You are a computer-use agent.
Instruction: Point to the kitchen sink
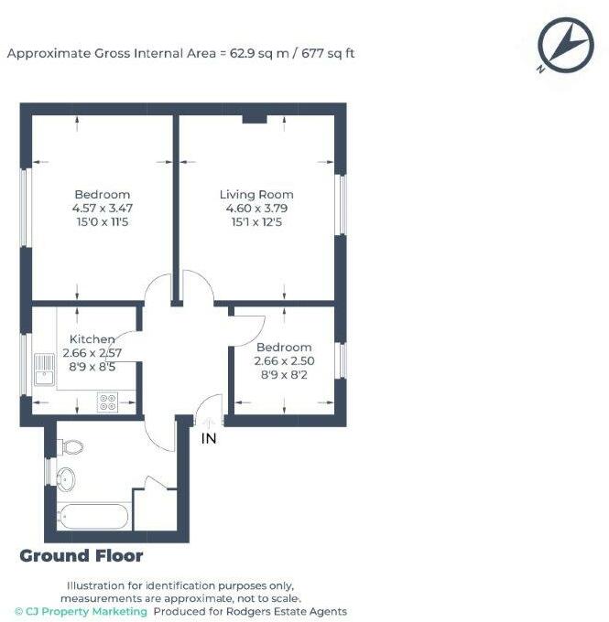[44, 371]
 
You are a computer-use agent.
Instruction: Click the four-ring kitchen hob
[107, 400]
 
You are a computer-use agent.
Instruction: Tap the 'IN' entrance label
[210, 439]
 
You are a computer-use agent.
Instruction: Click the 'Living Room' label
[256, 195]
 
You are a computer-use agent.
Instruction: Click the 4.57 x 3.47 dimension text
[102, 209]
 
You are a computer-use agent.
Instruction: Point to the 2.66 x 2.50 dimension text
[283, 361]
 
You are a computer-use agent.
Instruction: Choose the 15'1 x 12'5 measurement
[256, 222]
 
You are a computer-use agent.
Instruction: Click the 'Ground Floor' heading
[82, 556]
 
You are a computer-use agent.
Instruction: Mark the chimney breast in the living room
[254, 118]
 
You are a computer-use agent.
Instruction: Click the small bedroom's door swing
[250, 325]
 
